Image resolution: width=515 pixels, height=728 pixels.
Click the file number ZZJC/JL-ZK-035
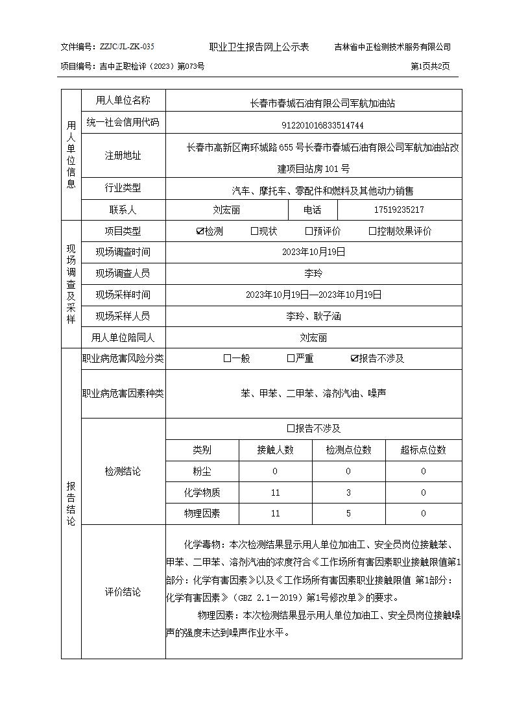pyautogui.click(x=127, y=47)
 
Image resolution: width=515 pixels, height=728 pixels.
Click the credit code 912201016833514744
pyautogui.click(x=314, y=125)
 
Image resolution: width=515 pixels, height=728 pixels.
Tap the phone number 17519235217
pyautogui.click(x=400, y=210)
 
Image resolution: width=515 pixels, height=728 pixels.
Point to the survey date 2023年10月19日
pyautogui.click(x=314, y=252)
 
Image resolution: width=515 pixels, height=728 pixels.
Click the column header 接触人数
pyautogui.click(x=276, y=450)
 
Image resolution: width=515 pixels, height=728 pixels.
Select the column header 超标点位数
pyautogui.click(x=424, y=450)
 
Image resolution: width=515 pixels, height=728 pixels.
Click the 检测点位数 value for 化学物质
pyautogui.click(x=348, y=493)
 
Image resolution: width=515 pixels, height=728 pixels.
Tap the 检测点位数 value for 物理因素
pyautogui.click(x=348, y=514)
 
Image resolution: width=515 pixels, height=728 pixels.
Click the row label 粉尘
pyautogui.click(x=202, y=472)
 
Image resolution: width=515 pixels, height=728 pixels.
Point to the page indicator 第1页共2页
pyautogui.click(x=431, y=66)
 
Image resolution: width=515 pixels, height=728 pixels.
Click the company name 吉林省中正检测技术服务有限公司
pyautogui.click(x=392, y=47)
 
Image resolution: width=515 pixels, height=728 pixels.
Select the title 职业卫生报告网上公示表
pyautogui.click(x=259, y=47)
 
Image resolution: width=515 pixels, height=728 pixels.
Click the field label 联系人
pyautogui.click(x=123, y=210)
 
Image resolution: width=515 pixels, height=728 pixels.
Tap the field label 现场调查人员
pyautogui.click(x=123, y=273)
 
